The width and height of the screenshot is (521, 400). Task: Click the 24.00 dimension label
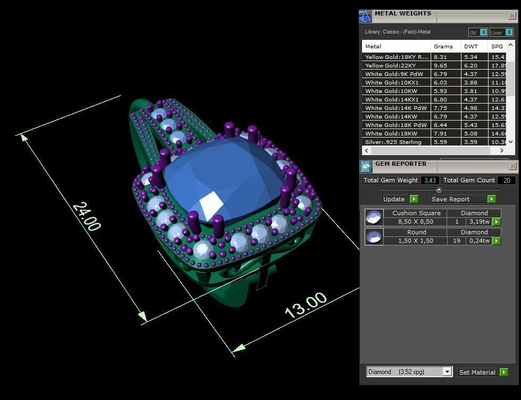point(86,216)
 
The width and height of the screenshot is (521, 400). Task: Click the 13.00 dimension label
point(306,305)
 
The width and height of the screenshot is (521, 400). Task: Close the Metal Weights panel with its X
point(512,15)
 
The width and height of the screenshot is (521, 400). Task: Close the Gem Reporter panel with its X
point(512,166)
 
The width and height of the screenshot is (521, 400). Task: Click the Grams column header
point(443,47)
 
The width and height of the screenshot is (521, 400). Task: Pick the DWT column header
point(470,47)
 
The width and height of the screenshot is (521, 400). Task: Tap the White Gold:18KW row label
point(391,133)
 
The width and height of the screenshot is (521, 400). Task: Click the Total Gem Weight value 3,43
point(430,180)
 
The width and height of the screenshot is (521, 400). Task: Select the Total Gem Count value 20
point(507,180)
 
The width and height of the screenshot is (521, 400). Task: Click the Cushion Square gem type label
point(416,213)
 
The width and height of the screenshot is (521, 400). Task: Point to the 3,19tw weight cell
point(479,222)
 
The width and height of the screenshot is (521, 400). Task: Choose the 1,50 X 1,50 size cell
point(415,241)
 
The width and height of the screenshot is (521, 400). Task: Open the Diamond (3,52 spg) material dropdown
point(447,372)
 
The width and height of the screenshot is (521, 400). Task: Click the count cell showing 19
point(456,241)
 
